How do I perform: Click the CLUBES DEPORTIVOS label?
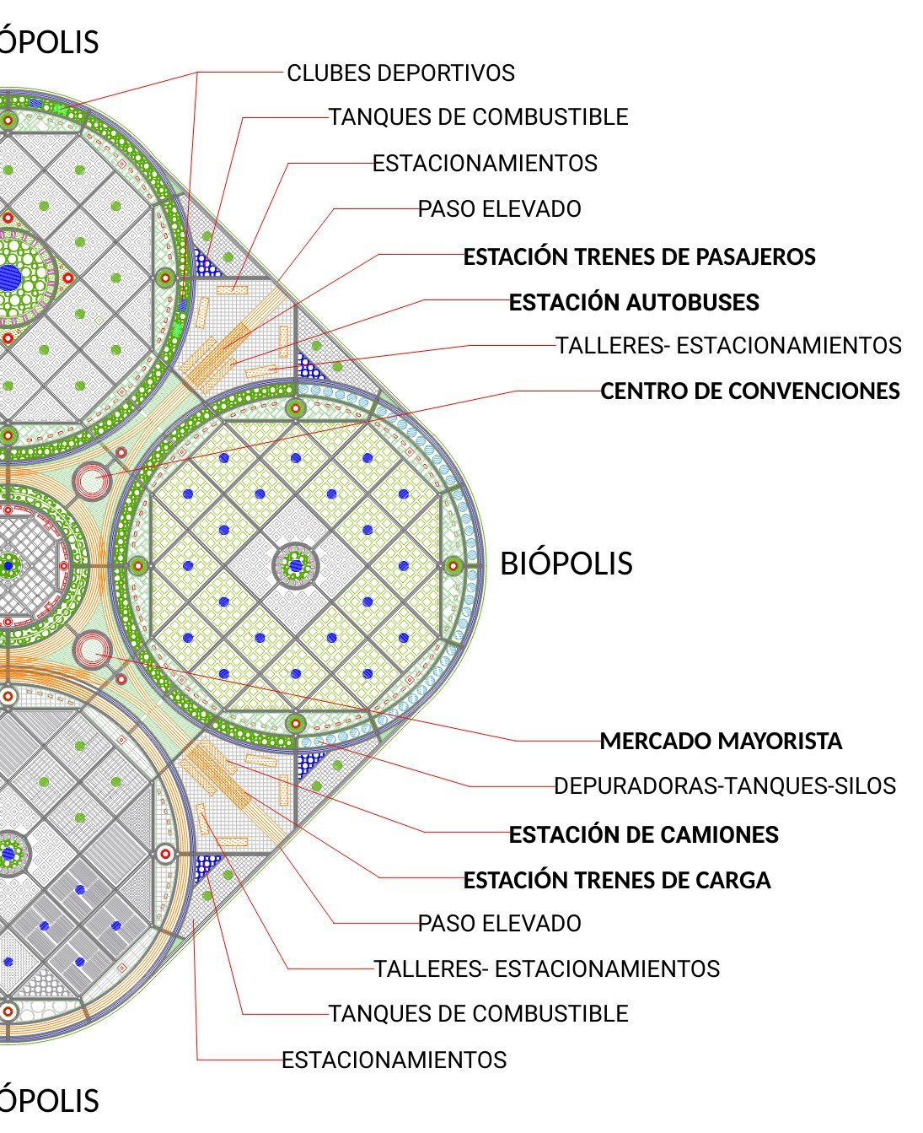(400, 73)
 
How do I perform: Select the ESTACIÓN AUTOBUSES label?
(634, 302)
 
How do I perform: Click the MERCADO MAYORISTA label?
(721, 742)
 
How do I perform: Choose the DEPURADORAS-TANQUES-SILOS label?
(725, 786)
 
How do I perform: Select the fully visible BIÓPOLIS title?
(566, 564)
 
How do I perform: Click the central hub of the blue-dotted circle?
(296, 565)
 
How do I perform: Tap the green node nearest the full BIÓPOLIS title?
(453, 565)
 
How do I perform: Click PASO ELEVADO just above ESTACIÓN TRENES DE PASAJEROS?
(500, 209)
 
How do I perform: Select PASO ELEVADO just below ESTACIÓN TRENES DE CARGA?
(500, 924)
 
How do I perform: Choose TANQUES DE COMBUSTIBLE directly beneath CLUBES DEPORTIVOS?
(478, 117)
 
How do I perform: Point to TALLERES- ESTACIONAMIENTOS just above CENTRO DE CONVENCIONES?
(728, 346)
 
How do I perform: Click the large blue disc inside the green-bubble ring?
(8, 276)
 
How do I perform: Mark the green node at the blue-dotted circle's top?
(295, 409)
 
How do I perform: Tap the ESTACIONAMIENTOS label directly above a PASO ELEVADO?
(485, 164)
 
